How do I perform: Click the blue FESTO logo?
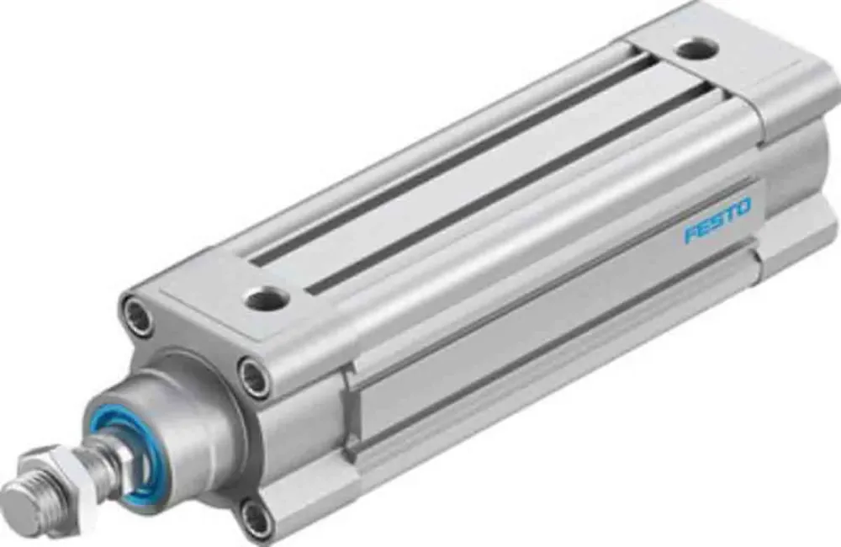click(717, 220)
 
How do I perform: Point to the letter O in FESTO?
click(744, 207)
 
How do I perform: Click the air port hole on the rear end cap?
click(696, 48)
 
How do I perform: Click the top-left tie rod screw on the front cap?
click(136, 316)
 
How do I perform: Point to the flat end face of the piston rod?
click(15, 507)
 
